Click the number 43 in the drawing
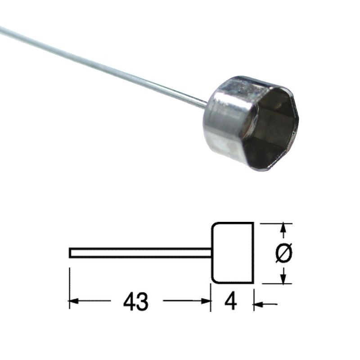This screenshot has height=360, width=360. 136,301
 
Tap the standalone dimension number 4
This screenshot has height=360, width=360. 230,301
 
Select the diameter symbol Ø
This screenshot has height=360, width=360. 284,252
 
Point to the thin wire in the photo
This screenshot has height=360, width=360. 103,67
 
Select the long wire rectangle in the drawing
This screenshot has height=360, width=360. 140,253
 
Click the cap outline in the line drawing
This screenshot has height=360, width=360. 253,253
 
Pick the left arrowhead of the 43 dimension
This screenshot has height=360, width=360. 73,301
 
